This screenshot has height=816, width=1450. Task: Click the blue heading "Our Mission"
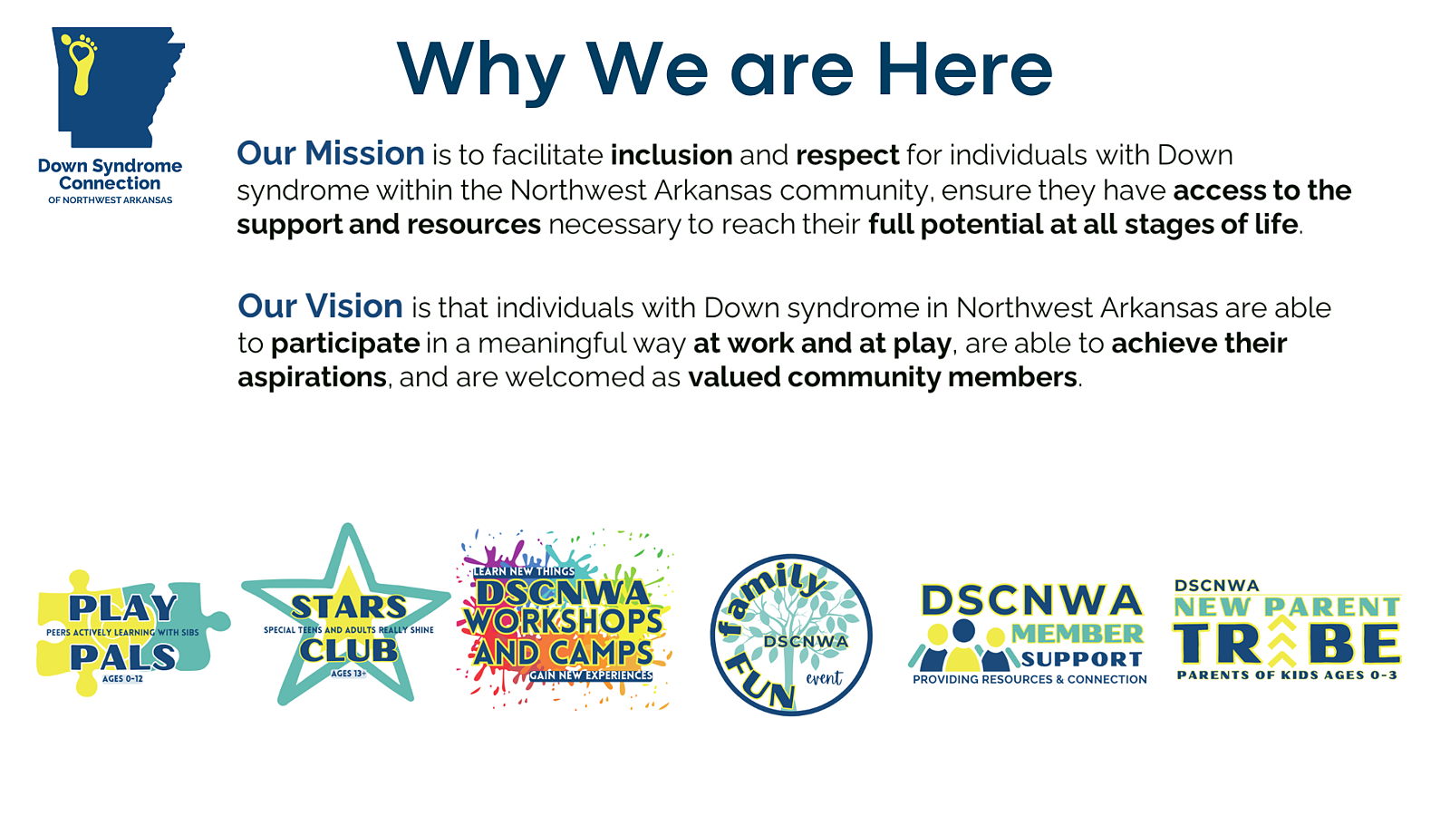tap(331, 153)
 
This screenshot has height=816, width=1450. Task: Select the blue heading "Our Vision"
tap(321, 306)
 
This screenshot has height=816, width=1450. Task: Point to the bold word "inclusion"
tap(672, 155)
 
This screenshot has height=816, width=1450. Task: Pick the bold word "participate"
tap(345, 344)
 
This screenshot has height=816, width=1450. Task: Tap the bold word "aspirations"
tap(312, 377)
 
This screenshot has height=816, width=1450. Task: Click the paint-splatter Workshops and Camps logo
tap(565, 620)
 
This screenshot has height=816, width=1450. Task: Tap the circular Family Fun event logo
tap(790, 635)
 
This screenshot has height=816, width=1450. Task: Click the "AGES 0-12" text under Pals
tap(122, 679)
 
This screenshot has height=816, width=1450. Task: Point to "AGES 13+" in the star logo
tap(348, 674)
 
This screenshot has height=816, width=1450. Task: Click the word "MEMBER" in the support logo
tap(1078, 634)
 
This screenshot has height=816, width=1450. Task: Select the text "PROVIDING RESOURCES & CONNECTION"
tap(1029, 679)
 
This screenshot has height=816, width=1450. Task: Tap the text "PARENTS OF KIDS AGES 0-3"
tap(1287, 675)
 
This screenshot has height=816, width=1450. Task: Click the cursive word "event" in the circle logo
tap(824, 679)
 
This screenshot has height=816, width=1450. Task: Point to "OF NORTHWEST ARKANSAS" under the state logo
tap(110, 200)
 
